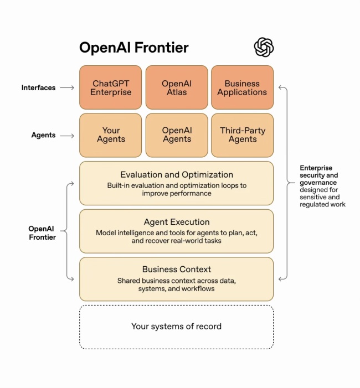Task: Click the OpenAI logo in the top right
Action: [x=264, y=47]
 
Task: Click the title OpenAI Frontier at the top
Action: [x=133, y=48]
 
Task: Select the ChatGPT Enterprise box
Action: [x=111, y=87]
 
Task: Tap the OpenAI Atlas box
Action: [x=177, y=87]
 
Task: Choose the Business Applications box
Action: [x=242, y=87]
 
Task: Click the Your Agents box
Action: [x=111, y=135]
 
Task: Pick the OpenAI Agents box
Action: [x=177, y=135]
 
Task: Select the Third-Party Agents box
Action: [x=242, y=135]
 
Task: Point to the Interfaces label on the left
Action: [x=38, y=87]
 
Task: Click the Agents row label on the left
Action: [x=43, y=135]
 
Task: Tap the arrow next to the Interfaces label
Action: [x=67, y=87]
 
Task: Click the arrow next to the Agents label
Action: [x=67, y=135]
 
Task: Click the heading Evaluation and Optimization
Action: [x=177, y=175]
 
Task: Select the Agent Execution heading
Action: [x=177, y=222]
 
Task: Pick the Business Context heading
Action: [x=177, y=270]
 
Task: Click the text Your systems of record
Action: [x=176, y=327]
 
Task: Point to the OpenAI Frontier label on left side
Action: [x=42, y=232]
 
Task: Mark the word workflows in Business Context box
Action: [x=198, y=289]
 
